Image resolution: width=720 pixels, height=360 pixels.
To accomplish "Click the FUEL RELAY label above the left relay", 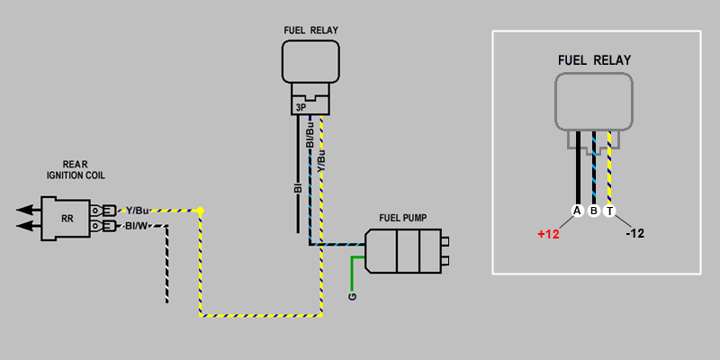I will pos(310,31).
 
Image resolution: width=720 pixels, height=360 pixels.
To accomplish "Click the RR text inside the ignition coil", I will pos(67,218).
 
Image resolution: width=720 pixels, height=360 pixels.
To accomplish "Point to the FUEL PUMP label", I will pos(402,218).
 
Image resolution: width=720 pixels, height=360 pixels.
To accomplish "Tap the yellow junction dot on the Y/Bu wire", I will pos(200,211).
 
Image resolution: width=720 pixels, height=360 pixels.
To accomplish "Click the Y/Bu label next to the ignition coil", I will pos(139,210).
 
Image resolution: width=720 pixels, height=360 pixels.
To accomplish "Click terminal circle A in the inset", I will pos(577,211).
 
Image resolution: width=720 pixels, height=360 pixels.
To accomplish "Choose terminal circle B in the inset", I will pos(593,211).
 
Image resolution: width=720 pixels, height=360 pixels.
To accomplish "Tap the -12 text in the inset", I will pos(634,233).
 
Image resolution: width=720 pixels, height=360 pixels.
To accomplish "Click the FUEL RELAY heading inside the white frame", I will pos(594,60).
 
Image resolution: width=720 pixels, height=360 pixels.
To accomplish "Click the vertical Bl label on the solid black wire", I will pos(297,190).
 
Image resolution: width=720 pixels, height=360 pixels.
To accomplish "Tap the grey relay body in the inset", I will pos(594,102).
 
